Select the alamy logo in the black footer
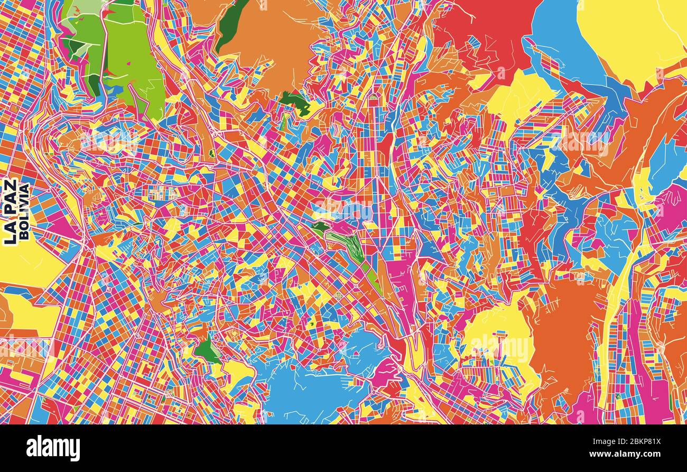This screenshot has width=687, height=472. click(53, 448)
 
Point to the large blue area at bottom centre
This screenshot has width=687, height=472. click(307, 391)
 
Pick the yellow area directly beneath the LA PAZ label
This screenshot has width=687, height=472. click(26, 264)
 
